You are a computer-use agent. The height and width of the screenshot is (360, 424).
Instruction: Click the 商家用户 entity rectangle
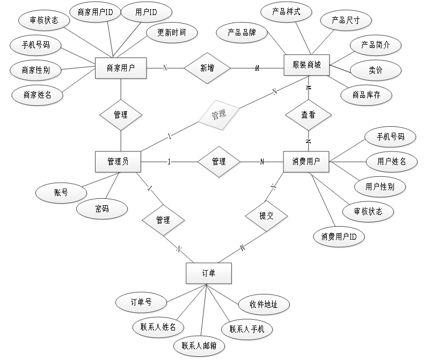click(x=121, y=68)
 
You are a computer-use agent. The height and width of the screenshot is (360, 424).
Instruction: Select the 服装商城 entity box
click(x=306, y=65)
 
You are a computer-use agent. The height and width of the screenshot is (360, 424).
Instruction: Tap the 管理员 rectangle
click(x=118, y=162)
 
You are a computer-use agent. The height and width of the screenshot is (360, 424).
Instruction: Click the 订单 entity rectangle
click(x=208, y=273)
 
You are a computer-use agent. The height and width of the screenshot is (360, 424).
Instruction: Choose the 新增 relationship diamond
click(x=207, y=68)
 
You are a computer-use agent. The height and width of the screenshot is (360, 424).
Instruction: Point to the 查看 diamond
click(x=308, y=114)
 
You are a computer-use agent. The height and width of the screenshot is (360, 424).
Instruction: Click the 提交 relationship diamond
click(x=266, y=216)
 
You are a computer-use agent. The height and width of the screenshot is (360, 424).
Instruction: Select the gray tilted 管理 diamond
click(x=218, y=114)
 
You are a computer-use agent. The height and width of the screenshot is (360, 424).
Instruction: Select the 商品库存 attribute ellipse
click(x=366, y=95)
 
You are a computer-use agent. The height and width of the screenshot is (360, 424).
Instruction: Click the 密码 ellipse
click(x=102, y=209)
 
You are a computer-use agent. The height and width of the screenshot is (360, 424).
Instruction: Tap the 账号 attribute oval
click(x=61, y=193)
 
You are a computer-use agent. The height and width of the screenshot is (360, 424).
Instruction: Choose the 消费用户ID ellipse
click(x=339, y=236)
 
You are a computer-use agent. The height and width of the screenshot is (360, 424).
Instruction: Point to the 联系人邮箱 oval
click(x=199, y=346)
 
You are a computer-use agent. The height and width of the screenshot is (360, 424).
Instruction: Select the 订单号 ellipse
click(x=142, y=302)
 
